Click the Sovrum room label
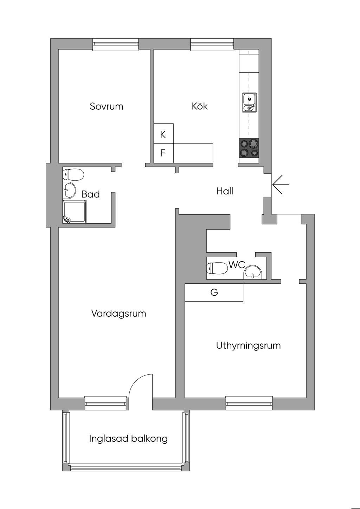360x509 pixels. [x=107, y=106]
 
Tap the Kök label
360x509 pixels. [x=200, y=106]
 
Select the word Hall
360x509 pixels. [x=225, y=191]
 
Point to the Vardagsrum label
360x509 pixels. [x=118, y=313]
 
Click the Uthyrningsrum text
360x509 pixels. [x=248, y=345]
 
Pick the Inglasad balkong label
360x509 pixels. [x=128, y=439]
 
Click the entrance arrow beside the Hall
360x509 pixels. [x=281, y=185]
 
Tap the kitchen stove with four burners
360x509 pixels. [x=249, y=148]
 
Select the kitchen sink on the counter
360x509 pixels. [x=249, y=103]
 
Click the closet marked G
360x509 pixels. [x=214, y=292]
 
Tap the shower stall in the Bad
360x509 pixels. [x=75, y=212]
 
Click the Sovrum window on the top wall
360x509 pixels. [x=116, y=44]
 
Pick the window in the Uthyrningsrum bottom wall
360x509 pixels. [x=249, y=403]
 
